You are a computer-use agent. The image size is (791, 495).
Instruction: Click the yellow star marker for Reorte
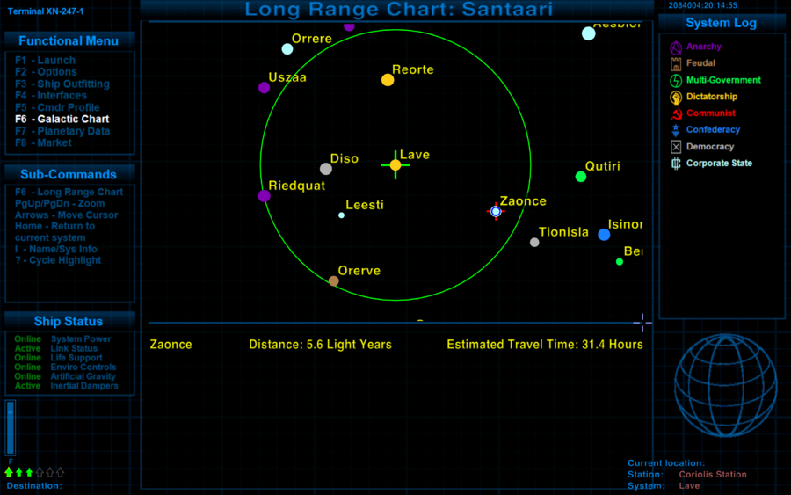click(388, 80)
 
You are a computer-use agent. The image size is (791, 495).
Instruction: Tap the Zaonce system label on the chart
click(523, 201)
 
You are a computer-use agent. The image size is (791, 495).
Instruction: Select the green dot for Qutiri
click(580, 177)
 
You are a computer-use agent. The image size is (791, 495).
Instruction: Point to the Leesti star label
click(365, 205)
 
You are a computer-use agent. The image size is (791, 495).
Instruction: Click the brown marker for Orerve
click(334, 281)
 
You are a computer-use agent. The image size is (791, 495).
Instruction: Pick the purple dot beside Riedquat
click(264, 196)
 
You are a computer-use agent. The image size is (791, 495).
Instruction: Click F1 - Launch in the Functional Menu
click(45, 60)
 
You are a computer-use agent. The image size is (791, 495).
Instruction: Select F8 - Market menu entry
click(43, 142)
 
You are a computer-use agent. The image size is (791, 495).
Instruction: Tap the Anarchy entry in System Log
click(703, 47)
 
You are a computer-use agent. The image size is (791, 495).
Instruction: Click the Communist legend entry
click(710, 113)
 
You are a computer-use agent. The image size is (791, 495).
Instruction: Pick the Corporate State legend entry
click(718, 164)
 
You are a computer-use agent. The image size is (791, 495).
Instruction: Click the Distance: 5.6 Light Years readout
click(320, 345)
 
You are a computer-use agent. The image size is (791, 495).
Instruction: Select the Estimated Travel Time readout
click(545, 345)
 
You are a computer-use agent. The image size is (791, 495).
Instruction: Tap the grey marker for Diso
click(326, 169)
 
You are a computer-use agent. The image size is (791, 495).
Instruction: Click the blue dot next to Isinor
click(604, 235)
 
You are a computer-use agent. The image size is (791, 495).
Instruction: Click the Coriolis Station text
click(713, 475)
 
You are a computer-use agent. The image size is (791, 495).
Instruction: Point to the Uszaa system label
click(287, 77)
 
